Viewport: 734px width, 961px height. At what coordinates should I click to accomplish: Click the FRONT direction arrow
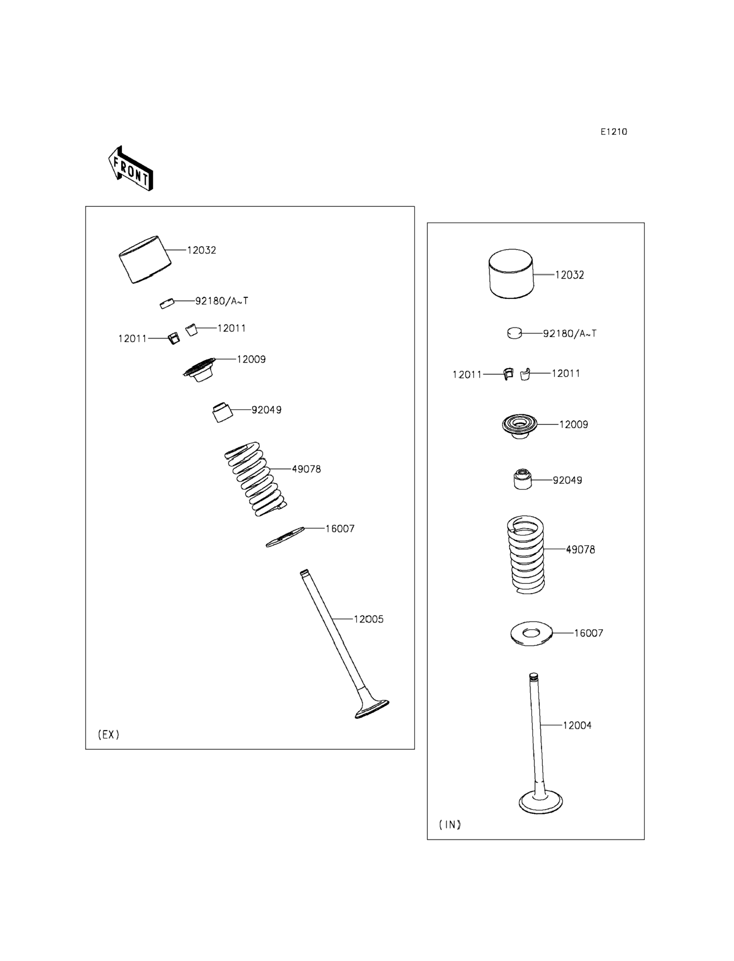131,169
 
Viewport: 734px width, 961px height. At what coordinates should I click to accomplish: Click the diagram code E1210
613,131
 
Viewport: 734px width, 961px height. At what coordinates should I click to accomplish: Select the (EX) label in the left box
108,734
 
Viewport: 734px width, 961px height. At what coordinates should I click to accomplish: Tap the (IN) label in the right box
450,824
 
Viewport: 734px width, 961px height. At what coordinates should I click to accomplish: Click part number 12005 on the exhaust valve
368,619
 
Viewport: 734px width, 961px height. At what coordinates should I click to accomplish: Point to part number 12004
577,725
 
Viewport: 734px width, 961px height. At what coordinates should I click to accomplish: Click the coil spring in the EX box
255,479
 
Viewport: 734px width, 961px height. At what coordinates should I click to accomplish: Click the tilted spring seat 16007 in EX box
285,537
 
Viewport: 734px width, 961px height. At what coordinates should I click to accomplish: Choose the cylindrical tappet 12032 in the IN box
511,274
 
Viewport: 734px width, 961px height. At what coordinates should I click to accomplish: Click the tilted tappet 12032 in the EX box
145,259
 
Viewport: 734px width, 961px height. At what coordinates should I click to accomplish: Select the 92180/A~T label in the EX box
221,301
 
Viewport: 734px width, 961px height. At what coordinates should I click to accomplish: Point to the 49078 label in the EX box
306,469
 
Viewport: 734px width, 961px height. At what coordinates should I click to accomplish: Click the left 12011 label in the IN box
467,375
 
